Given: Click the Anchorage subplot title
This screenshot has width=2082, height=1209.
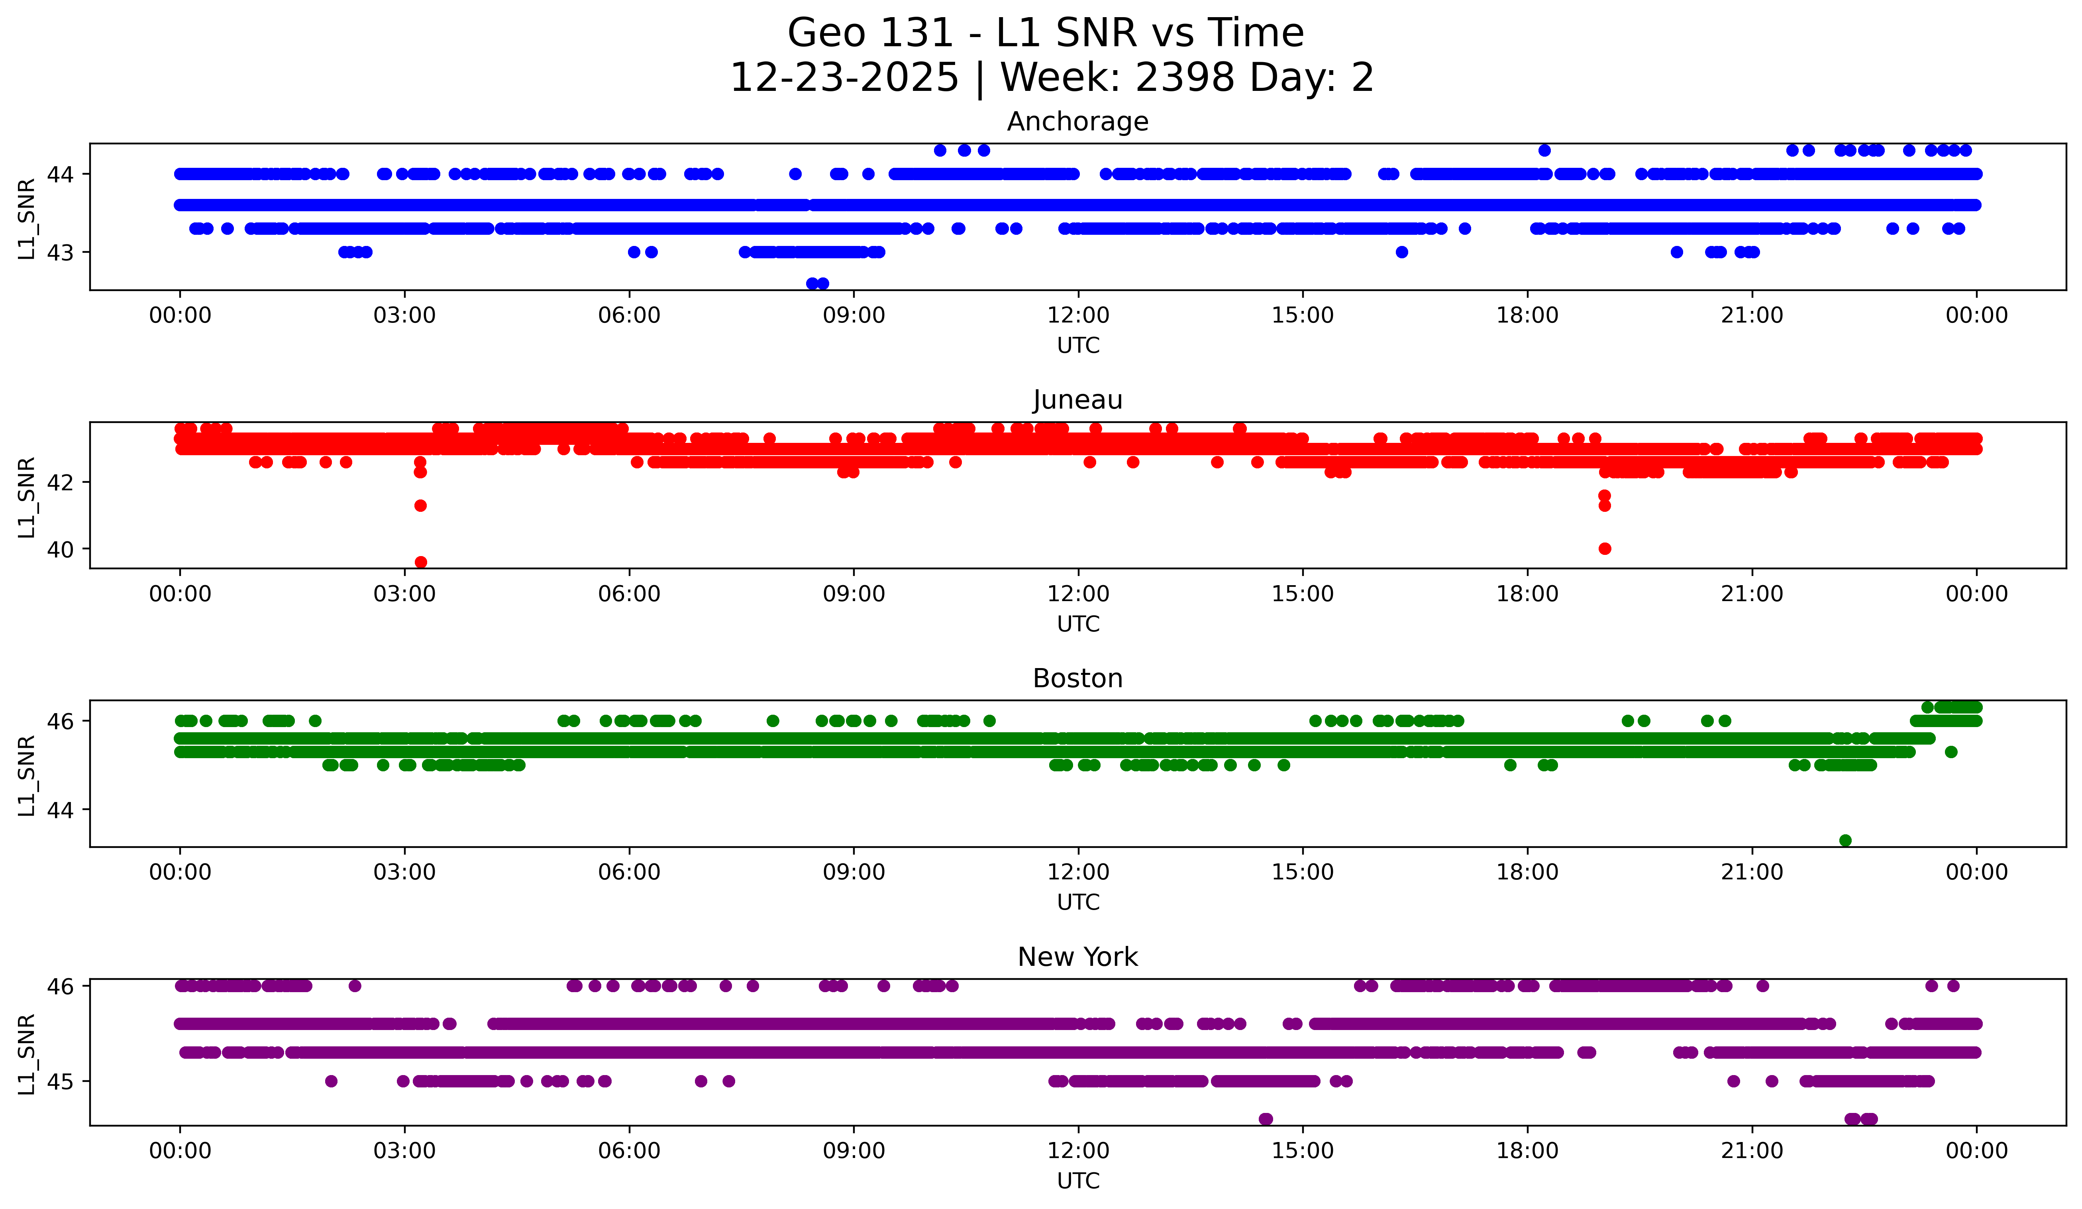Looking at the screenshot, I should point(1077,122).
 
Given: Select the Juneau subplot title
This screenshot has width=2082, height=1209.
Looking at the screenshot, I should point(1077,400).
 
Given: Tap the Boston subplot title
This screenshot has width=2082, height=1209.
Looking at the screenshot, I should point(1077,678).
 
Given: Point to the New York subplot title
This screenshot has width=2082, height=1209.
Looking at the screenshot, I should point(1077,957).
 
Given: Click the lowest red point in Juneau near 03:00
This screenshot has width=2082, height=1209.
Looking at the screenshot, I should point(420,562).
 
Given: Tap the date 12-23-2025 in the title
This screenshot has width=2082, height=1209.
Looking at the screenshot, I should point(844,78).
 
